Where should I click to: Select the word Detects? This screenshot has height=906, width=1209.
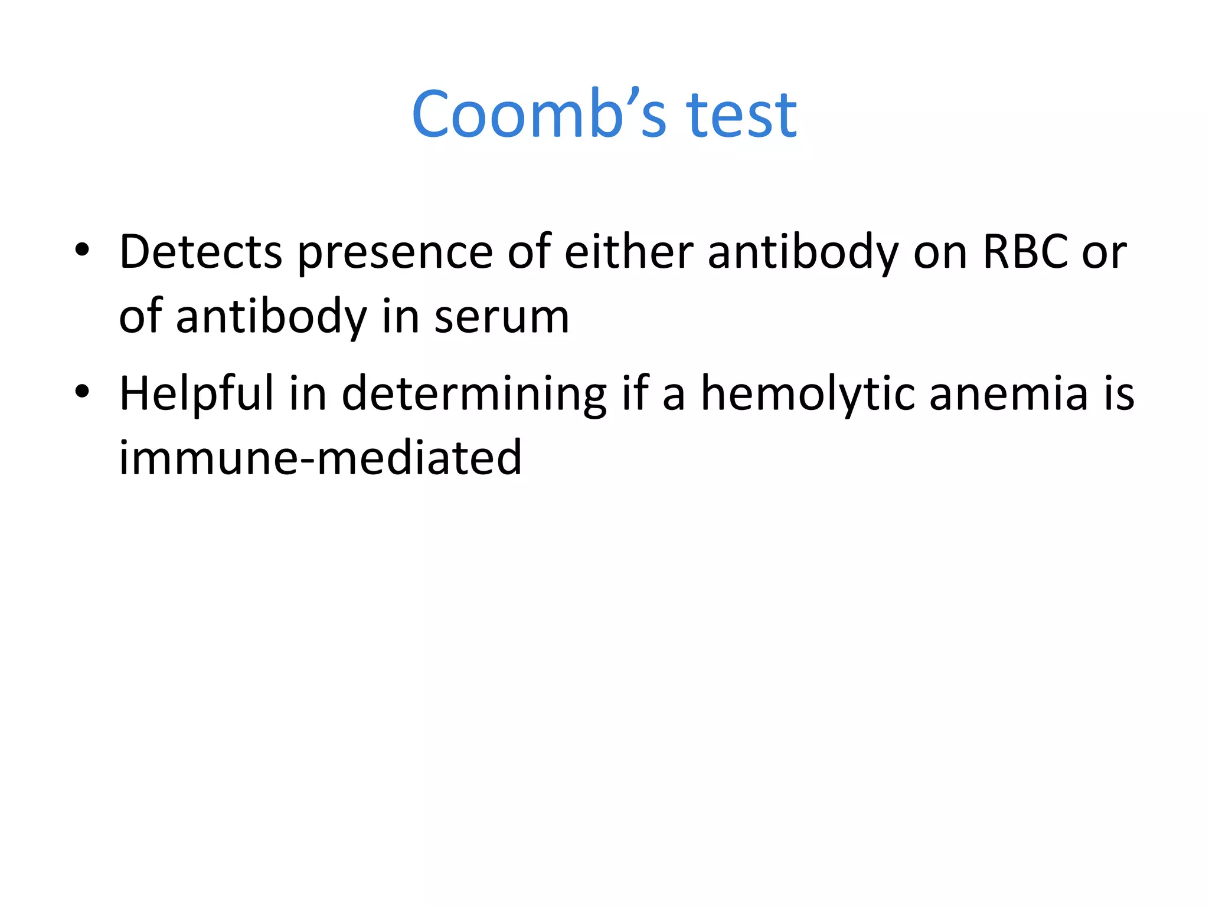(x=201, y=252)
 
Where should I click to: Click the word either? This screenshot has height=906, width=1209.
(x=629, y=252)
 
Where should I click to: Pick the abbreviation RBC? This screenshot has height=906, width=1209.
(x=1025, y=252)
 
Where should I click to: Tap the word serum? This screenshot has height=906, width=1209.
(x=502, y=317)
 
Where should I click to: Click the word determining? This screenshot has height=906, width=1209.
(x=474, y=394)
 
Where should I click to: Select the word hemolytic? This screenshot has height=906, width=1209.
(x=807, y=394)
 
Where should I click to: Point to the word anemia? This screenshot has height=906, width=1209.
(x=1008, y=394)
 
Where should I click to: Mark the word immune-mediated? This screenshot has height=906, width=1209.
(x=321, y=458)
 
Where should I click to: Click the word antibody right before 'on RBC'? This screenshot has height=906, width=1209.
(x=803, y=252)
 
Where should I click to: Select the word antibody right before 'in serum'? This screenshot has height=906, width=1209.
(x=272, y=317)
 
